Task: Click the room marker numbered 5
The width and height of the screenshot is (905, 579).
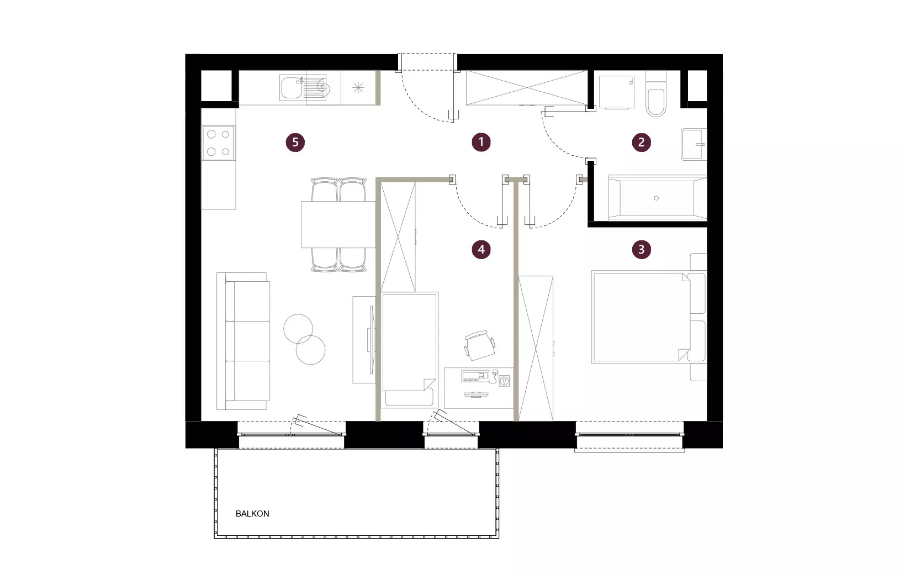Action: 295,143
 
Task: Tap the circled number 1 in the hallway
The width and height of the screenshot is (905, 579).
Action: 481,142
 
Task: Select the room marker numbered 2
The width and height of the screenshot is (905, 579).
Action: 641,143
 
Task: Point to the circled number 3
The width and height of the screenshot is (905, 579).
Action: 641,250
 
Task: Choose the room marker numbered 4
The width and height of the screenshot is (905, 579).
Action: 481,250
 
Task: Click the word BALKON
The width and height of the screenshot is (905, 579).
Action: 252,513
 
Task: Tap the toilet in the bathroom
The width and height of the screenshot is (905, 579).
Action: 656,94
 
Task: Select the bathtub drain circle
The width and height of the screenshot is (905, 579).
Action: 656,198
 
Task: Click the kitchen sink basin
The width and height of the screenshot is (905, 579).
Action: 292,87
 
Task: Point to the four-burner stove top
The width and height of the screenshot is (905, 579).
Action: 219,143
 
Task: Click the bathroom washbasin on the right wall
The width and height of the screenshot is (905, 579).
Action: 694,144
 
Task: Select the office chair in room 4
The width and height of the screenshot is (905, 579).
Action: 480,345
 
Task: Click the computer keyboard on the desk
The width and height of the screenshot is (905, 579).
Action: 475,376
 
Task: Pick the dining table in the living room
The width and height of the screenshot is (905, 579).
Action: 338,224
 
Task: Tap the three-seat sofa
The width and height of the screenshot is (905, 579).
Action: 244,341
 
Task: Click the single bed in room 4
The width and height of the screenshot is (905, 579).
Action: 410,349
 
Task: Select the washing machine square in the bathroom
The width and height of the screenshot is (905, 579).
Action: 617,92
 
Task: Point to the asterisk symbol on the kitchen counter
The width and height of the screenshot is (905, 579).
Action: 358,88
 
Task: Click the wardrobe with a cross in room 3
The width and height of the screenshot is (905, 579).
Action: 536,348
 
